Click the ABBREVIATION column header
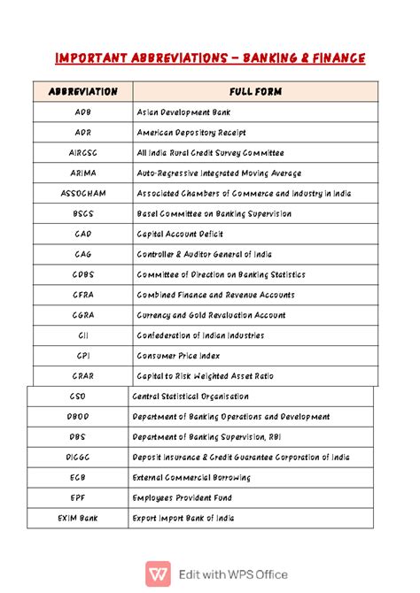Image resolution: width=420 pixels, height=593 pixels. click(82, 91)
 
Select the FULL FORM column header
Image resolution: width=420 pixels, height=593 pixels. click(254, 91)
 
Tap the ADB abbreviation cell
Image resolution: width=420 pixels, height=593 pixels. click(82, 112)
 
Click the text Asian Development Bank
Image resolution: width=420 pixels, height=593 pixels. click(185, 112)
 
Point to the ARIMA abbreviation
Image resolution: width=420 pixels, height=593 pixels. click(82, 173)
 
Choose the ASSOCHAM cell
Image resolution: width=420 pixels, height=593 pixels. click(82, 193)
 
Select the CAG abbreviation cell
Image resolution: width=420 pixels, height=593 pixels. click(82, 254)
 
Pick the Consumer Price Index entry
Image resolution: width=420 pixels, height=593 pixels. click(178, 356)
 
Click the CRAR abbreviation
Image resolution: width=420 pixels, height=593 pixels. click(82, 376)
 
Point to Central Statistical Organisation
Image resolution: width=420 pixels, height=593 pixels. click(191, 397)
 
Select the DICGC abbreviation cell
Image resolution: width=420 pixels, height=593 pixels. click(78, 458)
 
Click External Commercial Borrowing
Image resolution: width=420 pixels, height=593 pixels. click(191, 478)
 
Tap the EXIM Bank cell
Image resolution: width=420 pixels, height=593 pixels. click(78, 519)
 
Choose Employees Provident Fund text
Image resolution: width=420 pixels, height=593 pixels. click(182, 498)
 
